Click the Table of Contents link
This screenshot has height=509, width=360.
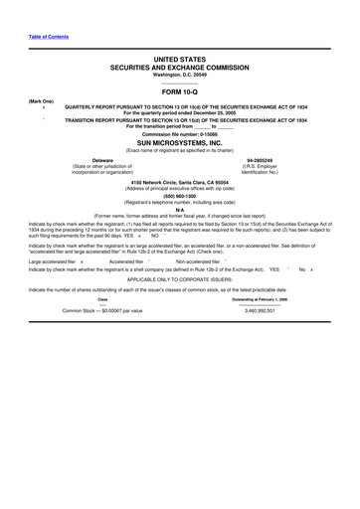pos(49,36)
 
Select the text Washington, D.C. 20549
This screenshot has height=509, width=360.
pos(180,74)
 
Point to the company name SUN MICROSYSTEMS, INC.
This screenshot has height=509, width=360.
pos(180,143)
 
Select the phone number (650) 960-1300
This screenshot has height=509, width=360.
pos(180,196)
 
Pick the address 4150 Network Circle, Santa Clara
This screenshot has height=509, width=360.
pos(180,184)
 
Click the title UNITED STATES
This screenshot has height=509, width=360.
pos(180,60)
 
